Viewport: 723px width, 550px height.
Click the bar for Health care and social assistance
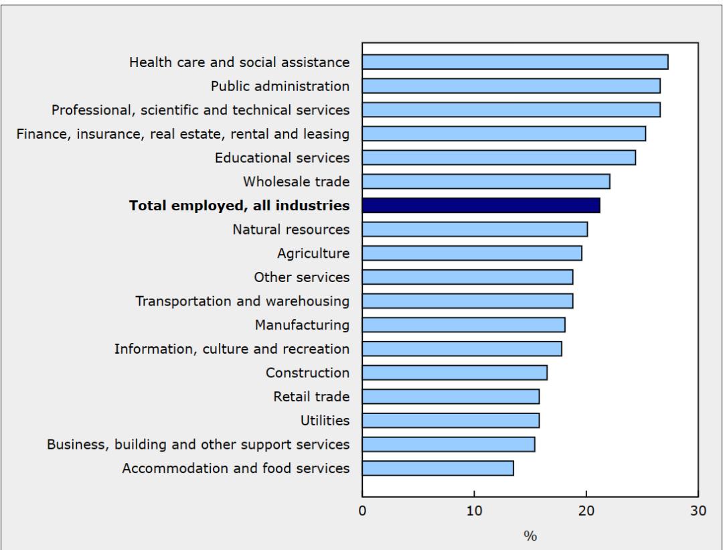click(515, 62)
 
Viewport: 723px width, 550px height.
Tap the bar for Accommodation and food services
click(438, 468)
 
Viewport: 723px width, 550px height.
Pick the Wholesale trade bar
click(486, 182)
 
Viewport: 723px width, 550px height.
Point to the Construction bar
click(455, 373)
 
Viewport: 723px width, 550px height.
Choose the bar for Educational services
click(499, 158)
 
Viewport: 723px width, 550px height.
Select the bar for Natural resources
click(475, 230)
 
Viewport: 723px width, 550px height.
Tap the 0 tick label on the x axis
click(362, 511)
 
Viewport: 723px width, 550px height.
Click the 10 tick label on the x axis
click(474, 511)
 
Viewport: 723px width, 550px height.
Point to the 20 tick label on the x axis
click(586, 511)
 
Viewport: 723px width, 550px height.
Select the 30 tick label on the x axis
click(698, 511)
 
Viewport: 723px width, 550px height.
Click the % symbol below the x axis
click(530, 535)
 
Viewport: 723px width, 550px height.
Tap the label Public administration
click(280, 86)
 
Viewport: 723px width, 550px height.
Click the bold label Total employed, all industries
click(239, 206)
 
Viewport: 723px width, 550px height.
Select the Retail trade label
click(311, 397)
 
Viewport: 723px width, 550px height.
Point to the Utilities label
click(325, 421)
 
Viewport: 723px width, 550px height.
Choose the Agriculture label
click(313, 253)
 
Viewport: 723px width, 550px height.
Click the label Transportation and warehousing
click(242, 301)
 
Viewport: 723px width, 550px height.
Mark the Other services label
click(301, 277)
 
